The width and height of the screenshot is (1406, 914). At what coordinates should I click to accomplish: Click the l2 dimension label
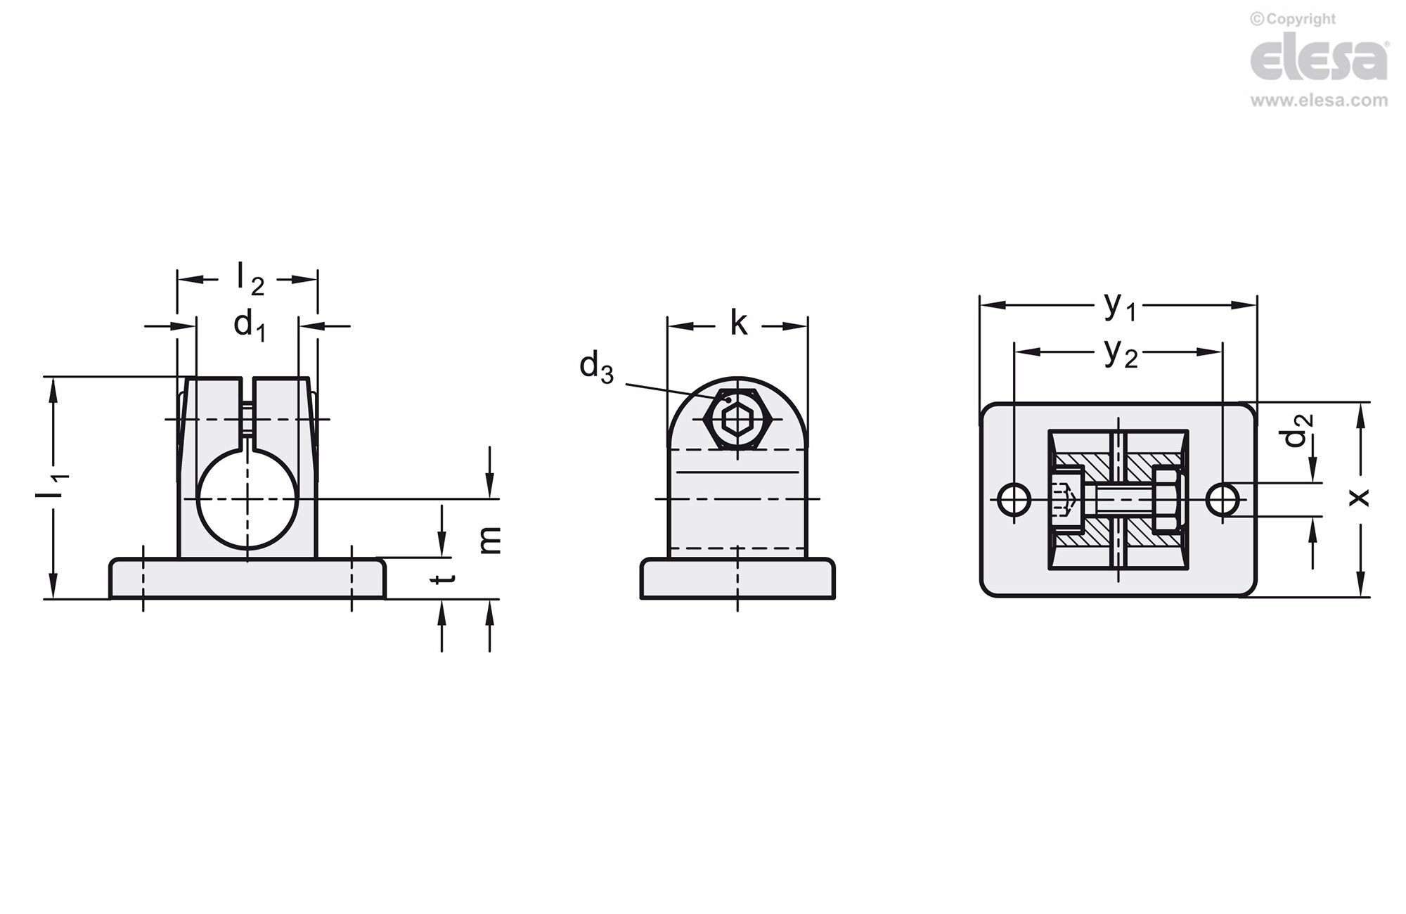(x=250, y=278)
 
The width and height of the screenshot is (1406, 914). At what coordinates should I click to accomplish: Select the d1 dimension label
(x=250, y=326)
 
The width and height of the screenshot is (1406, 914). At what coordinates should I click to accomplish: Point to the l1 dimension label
(x=53, y=487)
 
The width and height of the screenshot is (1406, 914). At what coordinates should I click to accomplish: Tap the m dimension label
(x=490, y=540)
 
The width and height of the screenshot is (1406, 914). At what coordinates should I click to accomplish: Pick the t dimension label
(x=442, y=579)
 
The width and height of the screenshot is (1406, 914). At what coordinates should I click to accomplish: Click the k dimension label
(x=738, y=323)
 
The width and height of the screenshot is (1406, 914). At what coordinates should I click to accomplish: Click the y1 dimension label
(x=1120, y=306)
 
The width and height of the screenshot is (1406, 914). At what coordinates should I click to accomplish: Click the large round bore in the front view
(x=247, y=498)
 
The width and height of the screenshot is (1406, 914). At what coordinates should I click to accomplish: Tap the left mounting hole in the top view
(x=1014, y=499)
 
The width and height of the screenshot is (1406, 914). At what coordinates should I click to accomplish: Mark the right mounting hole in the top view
(x=1223, y=499)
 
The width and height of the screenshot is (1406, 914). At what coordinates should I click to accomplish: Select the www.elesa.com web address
(x=1320, y=101)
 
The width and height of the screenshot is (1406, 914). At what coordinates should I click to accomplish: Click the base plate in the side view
(x=737, y=579)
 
